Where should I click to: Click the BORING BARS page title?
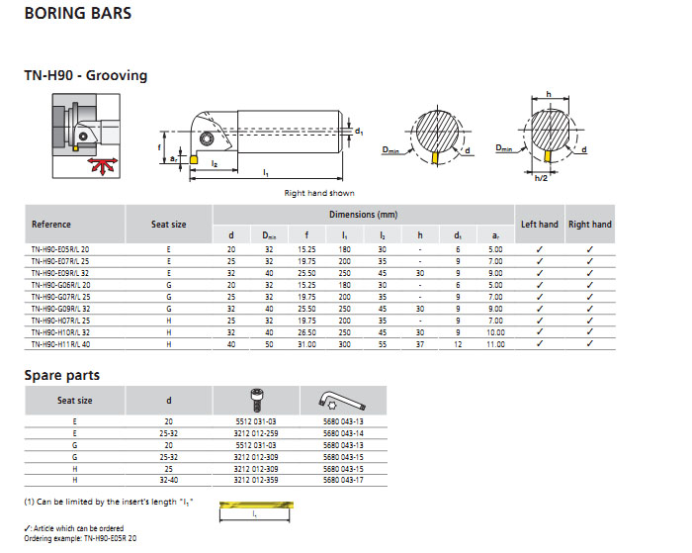pos(78,13)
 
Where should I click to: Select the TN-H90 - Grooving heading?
pos(86,75)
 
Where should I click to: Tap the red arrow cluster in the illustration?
pos(103,165)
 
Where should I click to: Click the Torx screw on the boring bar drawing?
pos(207,138)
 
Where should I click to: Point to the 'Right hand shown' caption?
pos(319,193)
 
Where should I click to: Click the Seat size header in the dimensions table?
pos(169,225)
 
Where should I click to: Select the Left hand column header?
pos(540,225)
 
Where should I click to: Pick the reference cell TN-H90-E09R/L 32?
pos(60,273)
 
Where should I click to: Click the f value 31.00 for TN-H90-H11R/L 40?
pos(306,344)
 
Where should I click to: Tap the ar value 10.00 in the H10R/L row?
pos(495,332)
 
